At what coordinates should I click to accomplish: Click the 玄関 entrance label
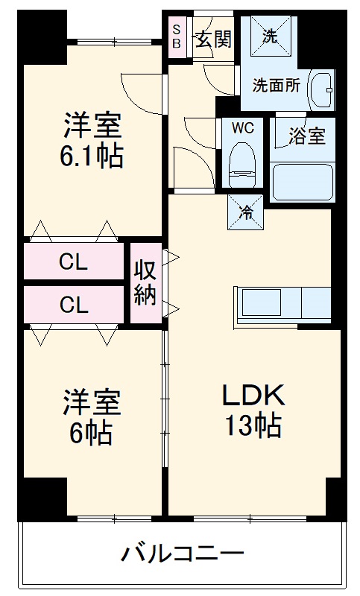point(213,39)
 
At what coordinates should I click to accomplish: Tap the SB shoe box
point(177,35)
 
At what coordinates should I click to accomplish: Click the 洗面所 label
point(277,85)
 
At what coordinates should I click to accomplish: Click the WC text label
point(242,128)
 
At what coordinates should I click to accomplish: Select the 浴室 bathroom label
point(307,137)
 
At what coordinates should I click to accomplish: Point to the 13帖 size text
point(253,426)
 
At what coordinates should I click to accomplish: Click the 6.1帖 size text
point(92,156)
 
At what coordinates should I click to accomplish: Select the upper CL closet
point(73,261)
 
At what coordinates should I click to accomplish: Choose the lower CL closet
point(73,304)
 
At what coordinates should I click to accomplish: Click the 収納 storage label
point(145,283)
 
